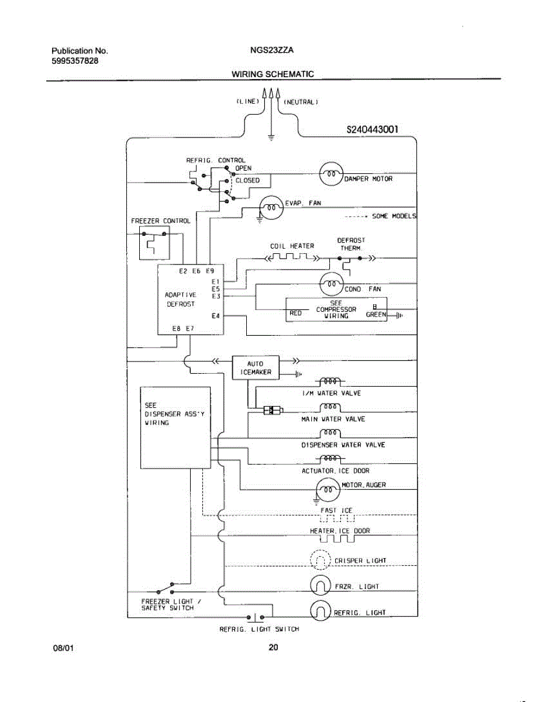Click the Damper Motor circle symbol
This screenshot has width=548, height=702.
pyautogui.click(x=330, y=174)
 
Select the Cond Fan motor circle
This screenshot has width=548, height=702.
pyautogui.click(x=332, y=285)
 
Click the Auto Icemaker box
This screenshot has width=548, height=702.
pyautogui.click(x=256, y=367)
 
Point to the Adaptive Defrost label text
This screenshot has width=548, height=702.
pyautogui.click(x=181, y=300)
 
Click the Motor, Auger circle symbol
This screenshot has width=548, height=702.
pyautogui.click(x=327, y=488)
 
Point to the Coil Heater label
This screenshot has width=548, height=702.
pyautogui.click(x=292, y=246)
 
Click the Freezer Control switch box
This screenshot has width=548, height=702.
pyautogui.click(x=153, y=245)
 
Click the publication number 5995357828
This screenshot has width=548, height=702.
pyautogui.click(x=71, y=60)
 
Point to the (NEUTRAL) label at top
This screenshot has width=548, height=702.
pyautogui.click(x=301, y=102)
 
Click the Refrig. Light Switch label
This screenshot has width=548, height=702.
pyautogui.click(x=259, y=629)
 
